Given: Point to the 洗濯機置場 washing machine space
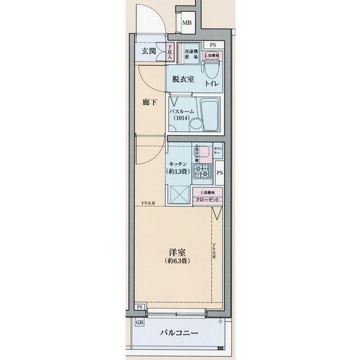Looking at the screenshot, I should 190,53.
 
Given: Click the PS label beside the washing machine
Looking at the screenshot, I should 213,45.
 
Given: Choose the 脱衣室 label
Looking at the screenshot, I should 183,79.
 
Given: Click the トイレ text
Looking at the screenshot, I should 213,83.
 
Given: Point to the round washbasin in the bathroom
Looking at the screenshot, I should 195,125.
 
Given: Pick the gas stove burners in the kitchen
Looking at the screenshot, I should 201,170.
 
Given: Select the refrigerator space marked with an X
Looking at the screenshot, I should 180,197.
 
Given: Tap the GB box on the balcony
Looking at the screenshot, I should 139,323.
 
